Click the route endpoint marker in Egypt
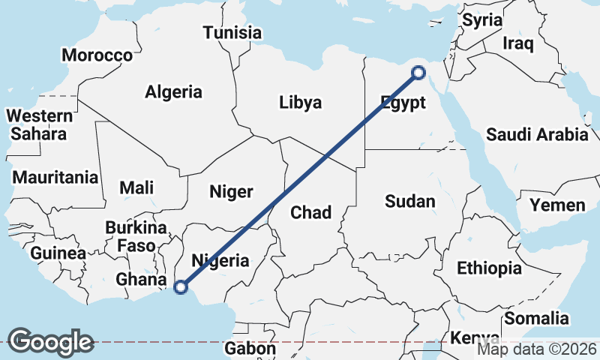click(418, 73)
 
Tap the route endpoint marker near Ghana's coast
click(180, 286)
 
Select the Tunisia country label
click(232, 33)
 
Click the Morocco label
click(97, 55)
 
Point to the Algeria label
click(173, 92)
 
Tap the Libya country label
click(300, 102)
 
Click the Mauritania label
click(55, 178)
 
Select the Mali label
click(137, 187)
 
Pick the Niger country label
click(232, 192)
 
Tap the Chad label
click(310, 213)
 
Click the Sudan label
click(409, 201)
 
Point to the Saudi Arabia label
click(537, 135)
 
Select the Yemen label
click(557, 205)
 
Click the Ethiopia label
click(489, 268)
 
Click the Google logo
click(50, 341)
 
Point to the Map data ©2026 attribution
click(537, 349)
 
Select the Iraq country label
click(517, 43)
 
